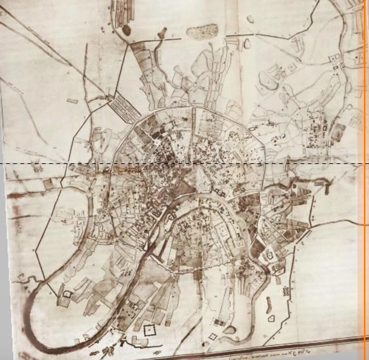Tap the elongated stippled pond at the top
click(202, 31)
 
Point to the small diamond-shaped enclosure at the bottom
click(213, 337)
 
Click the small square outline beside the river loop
click(67, 294)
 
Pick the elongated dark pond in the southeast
click(267, 304)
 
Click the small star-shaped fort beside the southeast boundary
click(286, 290)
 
